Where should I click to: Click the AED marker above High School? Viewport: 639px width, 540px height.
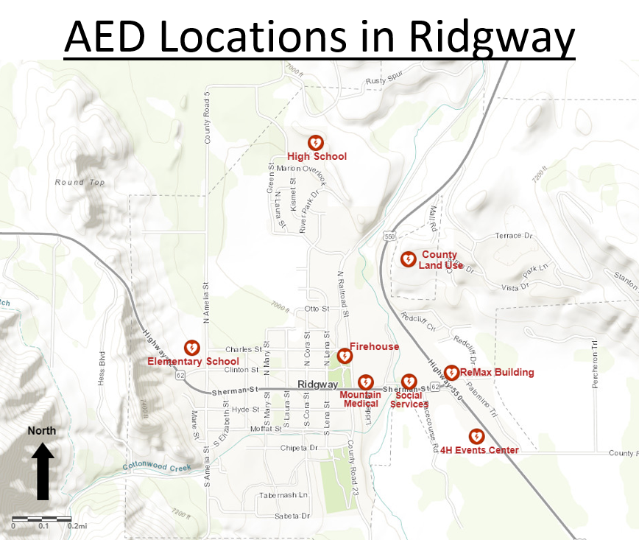[316, 141]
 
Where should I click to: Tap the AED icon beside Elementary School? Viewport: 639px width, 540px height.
[191, 347]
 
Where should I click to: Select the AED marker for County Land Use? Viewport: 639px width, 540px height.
[407, 259]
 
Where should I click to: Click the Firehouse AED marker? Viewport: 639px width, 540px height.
[344, 357]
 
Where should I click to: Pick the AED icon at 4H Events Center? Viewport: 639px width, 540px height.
[476, 436]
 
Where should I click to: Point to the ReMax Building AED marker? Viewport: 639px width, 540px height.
[452, 373]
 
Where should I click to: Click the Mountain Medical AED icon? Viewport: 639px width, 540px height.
[365, 382]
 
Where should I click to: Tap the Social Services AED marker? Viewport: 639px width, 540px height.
[409, 382]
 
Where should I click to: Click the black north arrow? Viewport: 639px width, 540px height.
[42, 471]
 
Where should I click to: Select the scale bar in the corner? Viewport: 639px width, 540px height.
[42, 519]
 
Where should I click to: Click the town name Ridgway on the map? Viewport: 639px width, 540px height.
[318, 385]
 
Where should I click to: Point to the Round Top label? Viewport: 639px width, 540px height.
[80, 182]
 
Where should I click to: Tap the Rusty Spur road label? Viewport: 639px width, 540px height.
[385, 81]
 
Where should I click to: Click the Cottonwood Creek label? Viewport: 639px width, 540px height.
[158, 467]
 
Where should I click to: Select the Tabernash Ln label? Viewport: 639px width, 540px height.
[283, 495]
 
